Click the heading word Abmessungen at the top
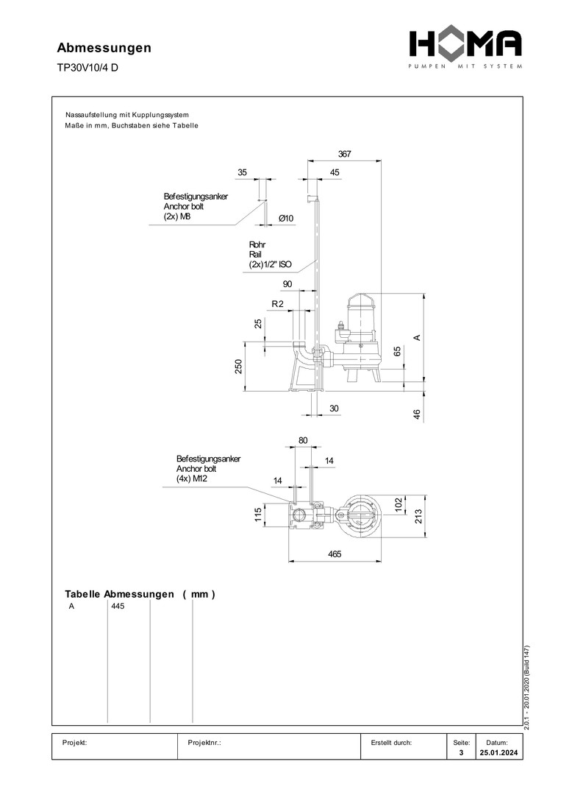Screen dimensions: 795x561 104,48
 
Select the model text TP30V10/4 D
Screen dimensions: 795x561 87,68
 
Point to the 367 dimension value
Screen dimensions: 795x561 344,155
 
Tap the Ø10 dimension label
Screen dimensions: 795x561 286,218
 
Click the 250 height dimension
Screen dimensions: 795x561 238,367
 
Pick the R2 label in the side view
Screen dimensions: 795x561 277,304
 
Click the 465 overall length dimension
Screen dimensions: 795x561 335,554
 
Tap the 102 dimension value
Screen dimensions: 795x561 398,504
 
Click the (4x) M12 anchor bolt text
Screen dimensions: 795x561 193,478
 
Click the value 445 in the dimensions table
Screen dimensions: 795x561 118,607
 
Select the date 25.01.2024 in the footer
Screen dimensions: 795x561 498,753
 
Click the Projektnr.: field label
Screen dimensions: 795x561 205,743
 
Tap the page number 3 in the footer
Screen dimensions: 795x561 461,753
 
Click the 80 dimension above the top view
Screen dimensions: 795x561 303,440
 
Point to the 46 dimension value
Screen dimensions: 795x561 416,414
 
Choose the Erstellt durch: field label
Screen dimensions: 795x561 391,743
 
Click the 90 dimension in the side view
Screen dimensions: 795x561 287,284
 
